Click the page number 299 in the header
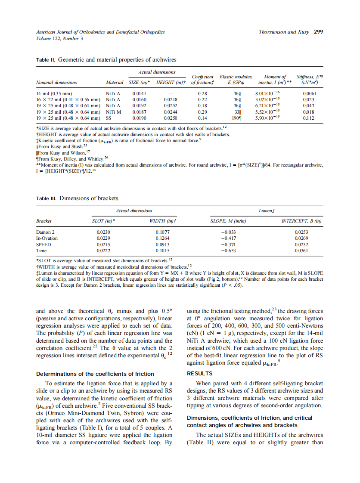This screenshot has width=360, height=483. click(318, 32)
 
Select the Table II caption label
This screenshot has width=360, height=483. click(46, 60)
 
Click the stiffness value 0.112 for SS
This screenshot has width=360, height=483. click(308, 118)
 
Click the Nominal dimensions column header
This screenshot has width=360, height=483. click(56, 82)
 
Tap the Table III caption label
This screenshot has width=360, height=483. click(47, 198)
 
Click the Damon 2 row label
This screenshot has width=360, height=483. click(45, 232)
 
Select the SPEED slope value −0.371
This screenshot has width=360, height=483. click(228, 244)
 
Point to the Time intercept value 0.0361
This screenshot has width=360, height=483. click(301, 250)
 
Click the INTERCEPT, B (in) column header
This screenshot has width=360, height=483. click(301, 221)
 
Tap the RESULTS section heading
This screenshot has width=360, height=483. click(199, 373)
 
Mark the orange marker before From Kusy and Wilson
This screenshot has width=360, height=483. click(37, 153)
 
